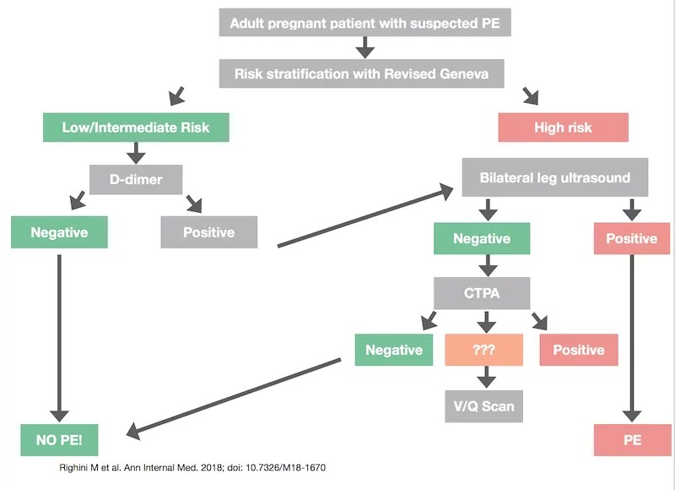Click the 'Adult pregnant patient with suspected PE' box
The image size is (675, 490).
(x=364, y=23)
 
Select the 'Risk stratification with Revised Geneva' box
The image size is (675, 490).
(x=364, y=73)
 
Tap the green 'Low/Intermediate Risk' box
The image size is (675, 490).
(x=135, y=128)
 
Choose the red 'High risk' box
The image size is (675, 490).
(x=563, y=128)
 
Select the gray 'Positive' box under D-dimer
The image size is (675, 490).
(x=208, y=231)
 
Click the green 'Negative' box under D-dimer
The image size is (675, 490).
(x=60, y=231)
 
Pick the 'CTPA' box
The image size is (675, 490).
(x=482, y=293)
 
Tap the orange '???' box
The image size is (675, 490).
(x=483, y=349)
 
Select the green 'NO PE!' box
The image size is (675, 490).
(x=59, y=440)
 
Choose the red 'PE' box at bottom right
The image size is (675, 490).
(x=631, y=440)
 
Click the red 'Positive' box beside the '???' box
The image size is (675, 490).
(x=578, y=349)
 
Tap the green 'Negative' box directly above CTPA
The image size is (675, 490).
(x=482, y=238)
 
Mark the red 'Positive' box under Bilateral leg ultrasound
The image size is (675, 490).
(x=631, y=238)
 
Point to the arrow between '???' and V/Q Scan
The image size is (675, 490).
(x=483, y=377)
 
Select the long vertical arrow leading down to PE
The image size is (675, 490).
(x=631, y=338)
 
